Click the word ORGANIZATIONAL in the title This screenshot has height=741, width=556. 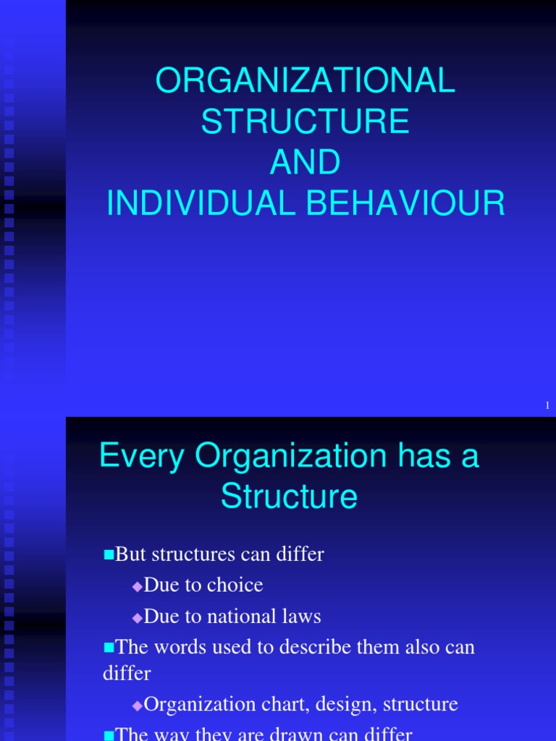[x=306, y=82]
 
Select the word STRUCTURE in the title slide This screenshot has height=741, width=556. [x=306, y=122]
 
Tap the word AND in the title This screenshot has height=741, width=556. [x=306, y=163]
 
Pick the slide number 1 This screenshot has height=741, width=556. [x=548, y=407]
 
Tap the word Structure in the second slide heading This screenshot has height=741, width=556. [x=289, y=496]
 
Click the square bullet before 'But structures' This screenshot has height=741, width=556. [x=109, y=555]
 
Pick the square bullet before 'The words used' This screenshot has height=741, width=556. [x=109, y=647]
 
